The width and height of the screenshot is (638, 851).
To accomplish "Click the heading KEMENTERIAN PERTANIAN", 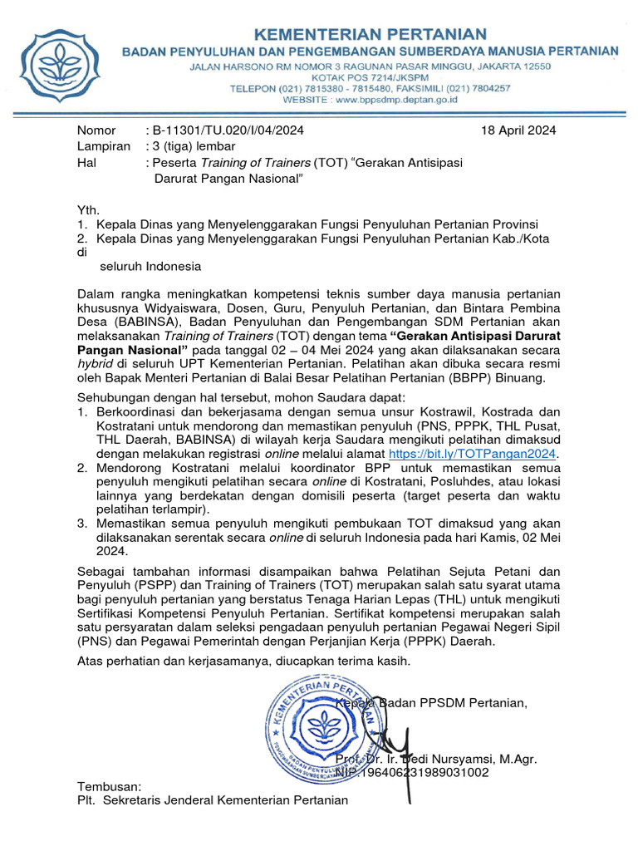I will tap(370, 34).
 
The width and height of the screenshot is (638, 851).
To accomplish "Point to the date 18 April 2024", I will tap(518, 130).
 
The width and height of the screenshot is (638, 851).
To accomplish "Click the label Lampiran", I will tap(104, 146).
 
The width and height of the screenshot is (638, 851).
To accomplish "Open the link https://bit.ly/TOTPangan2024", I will tap(474, 454).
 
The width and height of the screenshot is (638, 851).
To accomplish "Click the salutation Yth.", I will tap(88, 210).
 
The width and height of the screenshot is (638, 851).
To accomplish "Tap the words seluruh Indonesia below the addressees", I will tap(150, 267).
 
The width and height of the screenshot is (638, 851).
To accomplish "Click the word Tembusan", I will tap(109, 786).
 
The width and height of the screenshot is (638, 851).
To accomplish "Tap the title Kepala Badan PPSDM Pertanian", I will tap(430, 704).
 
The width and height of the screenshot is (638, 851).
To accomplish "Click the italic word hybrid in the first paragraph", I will tap(94, 364).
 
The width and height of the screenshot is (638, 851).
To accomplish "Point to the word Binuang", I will tap(532, 378).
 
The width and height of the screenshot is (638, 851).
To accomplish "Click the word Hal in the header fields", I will tap(86, 162).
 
